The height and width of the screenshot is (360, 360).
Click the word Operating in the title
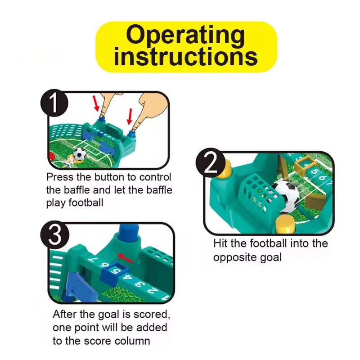(x=185, y=36)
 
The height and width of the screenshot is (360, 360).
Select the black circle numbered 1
(x=54, y=103)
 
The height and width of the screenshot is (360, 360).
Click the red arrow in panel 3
(x=125, y=258)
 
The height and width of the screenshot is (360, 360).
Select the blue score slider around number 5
(x=114, y=271)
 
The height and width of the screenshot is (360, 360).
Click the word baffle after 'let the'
(x=159, y=190)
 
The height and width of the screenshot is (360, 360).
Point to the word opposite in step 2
(x=234, y=257)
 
